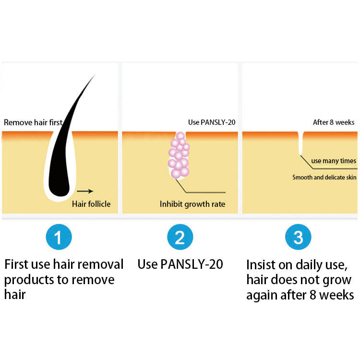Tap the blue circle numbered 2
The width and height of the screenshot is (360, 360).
[180, 237]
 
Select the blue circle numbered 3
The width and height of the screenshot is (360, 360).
[298, 237]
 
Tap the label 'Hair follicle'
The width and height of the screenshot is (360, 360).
[91, 204]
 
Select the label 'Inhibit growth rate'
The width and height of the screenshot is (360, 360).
[192, 204]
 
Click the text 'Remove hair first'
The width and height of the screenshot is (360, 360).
[33, 122]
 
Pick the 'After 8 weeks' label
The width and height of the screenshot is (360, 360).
[333, 122]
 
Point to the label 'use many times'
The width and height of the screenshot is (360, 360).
[334, 161]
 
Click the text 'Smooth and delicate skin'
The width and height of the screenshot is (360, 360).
[324, 177]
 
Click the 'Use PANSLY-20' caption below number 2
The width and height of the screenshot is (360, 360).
[180, 264]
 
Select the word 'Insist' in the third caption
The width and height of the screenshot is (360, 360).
[262, 264]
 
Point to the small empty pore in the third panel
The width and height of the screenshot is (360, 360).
[300, 144]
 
